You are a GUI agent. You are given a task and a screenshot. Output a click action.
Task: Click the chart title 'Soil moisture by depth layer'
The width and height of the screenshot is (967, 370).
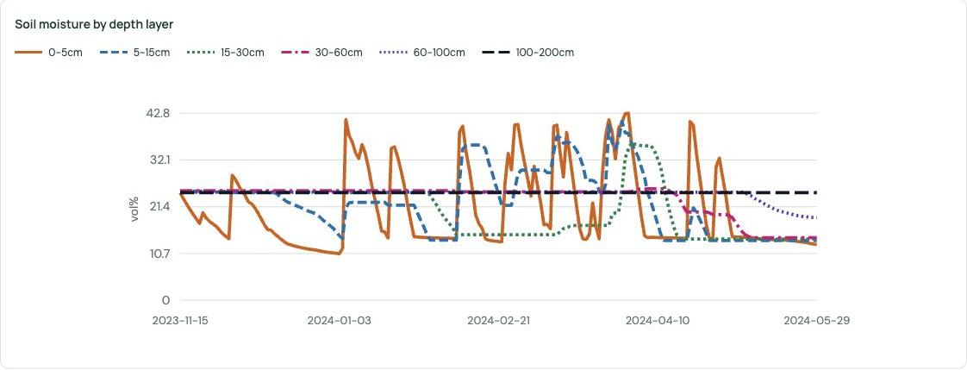94,25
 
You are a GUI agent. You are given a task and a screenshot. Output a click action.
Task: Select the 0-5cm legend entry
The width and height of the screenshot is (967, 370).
48,53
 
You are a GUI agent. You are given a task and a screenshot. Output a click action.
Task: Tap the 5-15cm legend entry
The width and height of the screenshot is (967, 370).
134,53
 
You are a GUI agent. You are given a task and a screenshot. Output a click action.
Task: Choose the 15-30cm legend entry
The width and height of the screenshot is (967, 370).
225,53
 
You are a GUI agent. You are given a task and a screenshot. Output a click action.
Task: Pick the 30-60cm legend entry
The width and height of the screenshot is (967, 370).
321,53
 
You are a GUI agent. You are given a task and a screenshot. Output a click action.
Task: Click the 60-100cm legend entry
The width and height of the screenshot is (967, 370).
421,53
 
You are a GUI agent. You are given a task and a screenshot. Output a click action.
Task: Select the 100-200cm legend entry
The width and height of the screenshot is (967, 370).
528,53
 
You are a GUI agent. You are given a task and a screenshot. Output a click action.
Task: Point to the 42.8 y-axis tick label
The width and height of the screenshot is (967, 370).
157,114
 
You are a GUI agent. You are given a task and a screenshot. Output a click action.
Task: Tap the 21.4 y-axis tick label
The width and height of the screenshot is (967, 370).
158,207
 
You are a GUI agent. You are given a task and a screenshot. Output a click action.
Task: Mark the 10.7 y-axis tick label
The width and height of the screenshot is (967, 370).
158,254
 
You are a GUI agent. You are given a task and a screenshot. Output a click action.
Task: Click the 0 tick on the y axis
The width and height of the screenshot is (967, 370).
165,301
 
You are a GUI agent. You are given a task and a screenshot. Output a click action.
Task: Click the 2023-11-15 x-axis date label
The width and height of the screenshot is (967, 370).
181,321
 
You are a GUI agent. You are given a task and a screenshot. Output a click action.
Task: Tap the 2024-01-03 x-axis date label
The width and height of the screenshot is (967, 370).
340,321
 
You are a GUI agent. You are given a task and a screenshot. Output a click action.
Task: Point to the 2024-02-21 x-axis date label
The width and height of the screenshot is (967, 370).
499,321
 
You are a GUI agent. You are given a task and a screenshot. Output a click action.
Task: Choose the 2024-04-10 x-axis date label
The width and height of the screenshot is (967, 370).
658,321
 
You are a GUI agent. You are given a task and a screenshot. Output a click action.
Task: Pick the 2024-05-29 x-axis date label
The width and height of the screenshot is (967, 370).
817,321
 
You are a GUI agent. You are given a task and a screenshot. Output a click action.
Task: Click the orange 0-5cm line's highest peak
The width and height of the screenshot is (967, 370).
627,113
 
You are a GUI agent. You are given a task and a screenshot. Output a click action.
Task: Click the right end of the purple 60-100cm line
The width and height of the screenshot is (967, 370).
816,217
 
